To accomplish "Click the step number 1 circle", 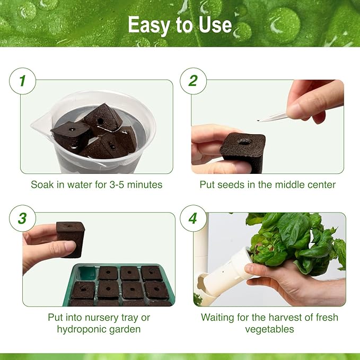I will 22,81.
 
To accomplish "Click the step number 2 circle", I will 193,81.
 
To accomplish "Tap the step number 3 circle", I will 22,218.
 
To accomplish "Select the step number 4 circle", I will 193,218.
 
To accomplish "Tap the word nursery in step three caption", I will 98,317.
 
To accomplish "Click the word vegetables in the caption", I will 269,329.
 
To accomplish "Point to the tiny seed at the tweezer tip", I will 259,121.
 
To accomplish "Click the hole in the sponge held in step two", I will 244,142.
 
